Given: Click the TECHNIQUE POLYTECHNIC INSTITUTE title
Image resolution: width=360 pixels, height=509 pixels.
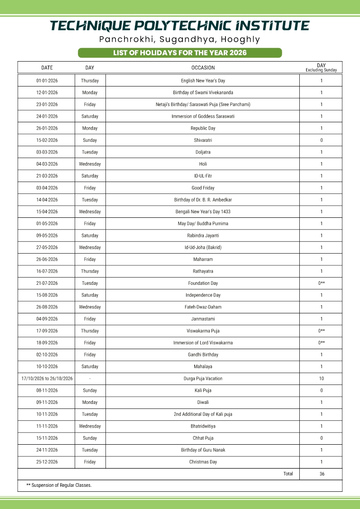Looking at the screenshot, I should click(x=180, y=25).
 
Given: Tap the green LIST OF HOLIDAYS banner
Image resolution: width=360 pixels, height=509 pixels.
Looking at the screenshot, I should click(x=180, y=53).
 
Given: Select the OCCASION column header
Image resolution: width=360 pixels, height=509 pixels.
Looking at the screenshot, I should click(x=203, y=68).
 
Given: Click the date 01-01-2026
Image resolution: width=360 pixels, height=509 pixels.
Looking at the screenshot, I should click(x=47, y=81).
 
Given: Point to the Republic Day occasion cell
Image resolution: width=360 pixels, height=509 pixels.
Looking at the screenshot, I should click(x=203, y=128).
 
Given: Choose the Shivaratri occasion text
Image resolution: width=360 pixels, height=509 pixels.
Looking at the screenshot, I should click(x=203, y=140).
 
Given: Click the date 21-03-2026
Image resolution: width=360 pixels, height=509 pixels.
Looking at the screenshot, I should click(x=47, y=176).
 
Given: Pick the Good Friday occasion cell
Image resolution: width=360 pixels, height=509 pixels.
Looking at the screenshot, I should click(x=203, y=188).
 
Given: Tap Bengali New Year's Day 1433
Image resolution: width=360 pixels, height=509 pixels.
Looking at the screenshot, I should click(x=203, y=211).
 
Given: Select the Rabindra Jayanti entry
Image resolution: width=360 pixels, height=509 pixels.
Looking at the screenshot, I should click(x=203, y=235).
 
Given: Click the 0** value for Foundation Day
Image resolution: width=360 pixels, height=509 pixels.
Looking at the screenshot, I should click(x=322, y=283).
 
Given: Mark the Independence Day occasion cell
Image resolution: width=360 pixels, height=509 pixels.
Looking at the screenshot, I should click(x=203, y=295).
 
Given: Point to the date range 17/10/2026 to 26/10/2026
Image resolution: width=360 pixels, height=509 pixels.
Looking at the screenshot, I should click(x=47, y=379).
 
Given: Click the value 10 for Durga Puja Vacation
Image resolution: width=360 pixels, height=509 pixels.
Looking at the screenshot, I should click(x=322, y=379).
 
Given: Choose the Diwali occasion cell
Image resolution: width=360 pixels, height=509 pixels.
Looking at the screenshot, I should click(x=203, y=402).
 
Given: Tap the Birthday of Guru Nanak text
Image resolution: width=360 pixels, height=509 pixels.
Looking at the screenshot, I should click(x=203, y=450).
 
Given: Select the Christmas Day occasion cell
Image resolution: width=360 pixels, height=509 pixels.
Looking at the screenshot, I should click(x=203, y=462).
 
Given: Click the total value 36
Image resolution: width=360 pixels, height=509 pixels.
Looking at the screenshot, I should click(x=322, y=474).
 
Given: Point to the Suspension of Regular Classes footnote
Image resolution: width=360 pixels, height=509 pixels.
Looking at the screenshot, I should click(x=59, y=485).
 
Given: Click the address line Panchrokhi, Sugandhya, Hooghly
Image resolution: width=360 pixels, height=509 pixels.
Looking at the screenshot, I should click(x=180, y=39).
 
